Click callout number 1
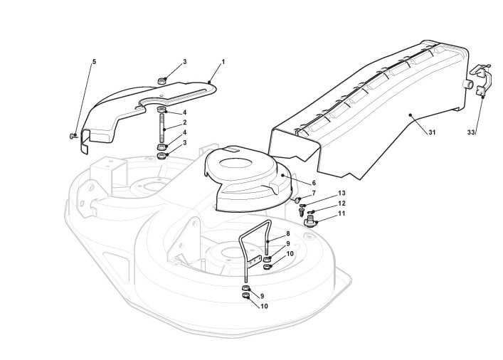point(223,62)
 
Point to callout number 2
point(184,122)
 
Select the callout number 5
point(93,62)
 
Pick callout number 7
point(314,194)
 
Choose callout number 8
point(287,233)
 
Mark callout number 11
point(341,213)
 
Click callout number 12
point(341,203)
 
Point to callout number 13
point(341,194)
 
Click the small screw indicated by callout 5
point(73,136)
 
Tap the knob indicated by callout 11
point(309,223)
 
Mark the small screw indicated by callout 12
point(312,212)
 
